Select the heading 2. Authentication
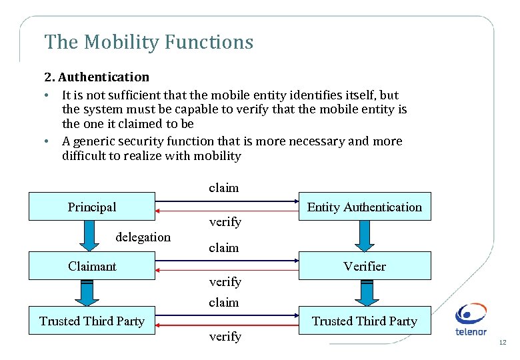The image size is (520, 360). pos(97,77)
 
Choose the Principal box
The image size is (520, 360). pos(92,207)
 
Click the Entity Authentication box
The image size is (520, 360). pos(364,207)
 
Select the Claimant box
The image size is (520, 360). pos(92,266)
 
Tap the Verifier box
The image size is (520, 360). pos(364,266)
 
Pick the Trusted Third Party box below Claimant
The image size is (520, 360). pos(92,321)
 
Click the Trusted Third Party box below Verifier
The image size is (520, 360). pos(364,321)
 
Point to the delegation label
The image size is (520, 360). pos(143,237)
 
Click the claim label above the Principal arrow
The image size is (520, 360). pos(223,188)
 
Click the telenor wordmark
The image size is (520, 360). pos(470,332)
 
